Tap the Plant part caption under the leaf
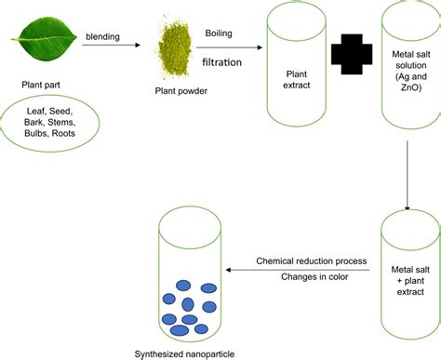[43, 85]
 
